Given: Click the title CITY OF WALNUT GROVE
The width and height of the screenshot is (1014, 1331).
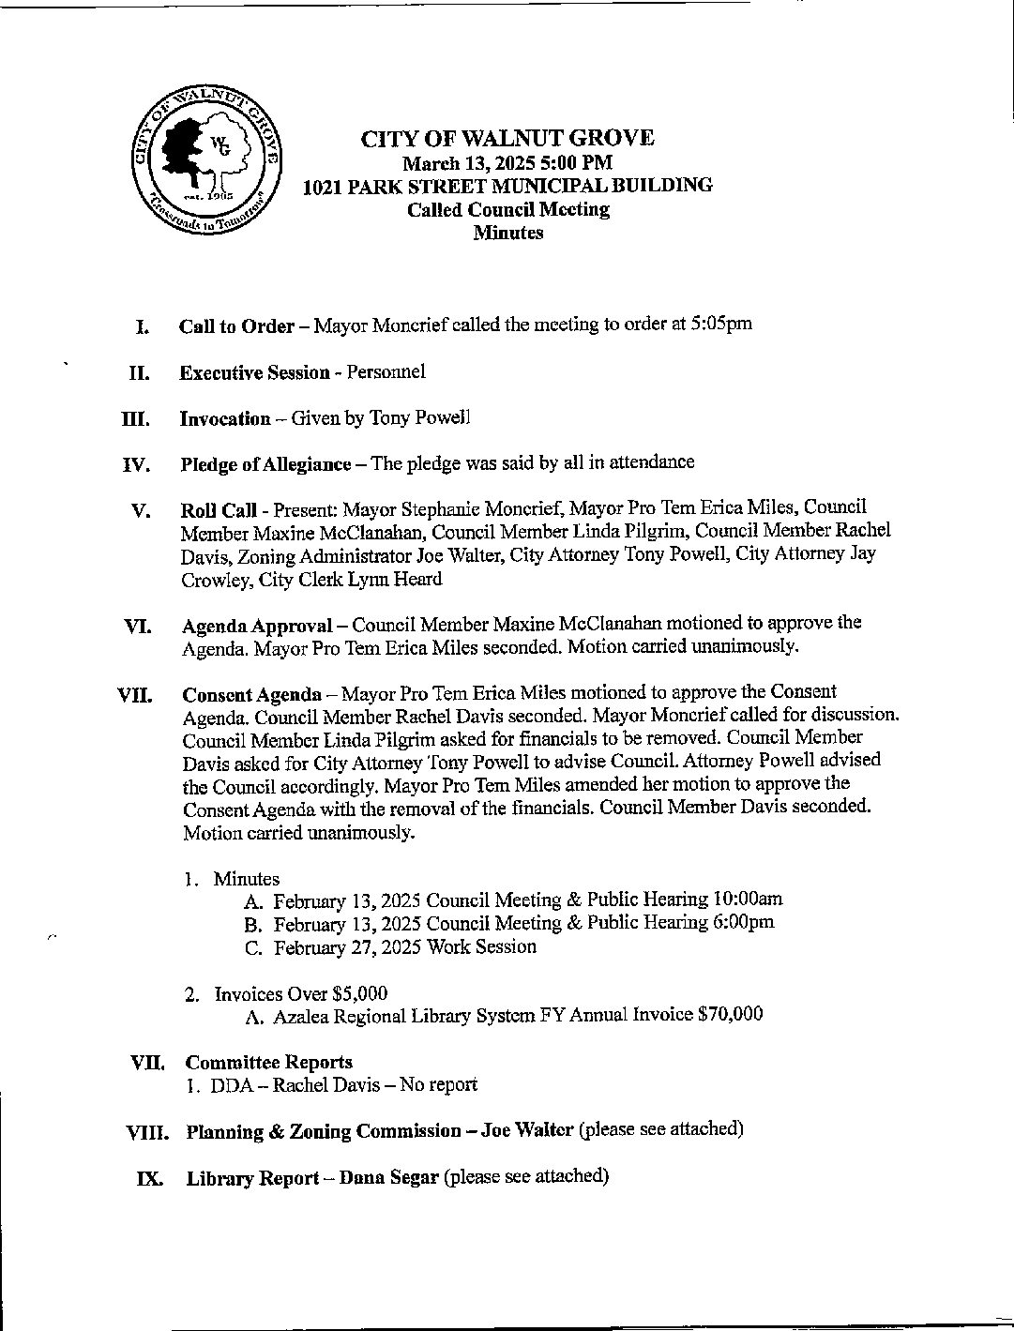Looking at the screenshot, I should [507, 139].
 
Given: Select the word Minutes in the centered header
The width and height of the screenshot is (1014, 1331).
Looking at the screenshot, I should [507, 233].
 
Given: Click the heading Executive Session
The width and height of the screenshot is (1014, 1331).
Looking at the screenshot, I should [254, 372].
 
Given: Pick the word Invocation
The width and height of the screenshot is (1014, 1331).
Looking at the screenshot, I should [225, 418].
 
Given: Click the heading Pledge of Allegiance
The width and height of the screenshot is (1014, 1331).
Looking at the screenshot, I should [265, 463].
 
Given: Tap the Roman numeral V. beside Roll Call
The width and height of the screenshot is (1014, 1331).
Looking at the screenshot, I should [141, 511].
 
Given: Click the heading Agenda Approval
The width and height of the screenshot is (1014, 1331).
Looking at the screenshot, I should [257, 625].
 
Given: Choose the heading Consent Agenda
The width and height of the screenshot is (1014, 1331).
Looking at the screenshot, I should [251, 695].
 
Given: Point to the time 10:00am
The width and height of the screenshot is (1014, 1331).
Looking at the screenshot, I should [748, 899].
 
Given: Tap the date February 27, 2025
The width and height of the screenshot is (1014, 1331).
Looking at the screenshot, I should [348, 946].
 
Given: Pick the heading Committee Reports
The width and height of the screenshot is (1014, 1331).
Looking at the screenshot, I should [269, 1062].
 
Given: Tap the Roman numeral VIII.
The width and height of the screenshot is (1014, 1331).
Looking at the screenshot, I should [148, 1132].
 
